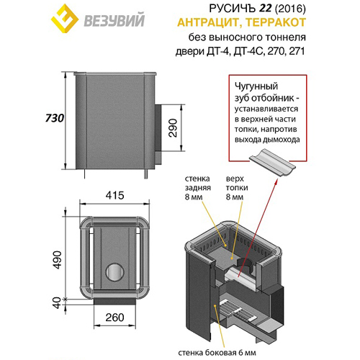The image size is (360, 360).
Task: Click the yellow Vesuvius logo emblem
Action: [x=65, y=19]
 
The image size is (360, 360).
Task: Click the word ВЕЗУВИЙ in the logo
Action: [x=114, y=20]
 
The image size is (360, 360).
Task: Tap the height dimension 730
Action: [x=55, y=118]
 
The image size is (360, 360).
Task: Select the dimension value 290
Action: [x=173, y=127]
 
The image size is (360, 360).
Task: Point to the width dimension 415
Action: [x=114, y=195]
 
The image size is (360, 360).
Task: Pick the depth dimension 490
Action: [x=57, y=260]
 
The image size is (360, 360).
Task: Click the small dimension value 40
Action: [x=57, y=303]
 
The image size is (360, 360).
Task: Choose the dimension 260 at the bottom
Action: [x=114, y=318]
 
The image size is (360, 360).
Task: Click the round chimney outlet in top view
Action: [x=115, y=272]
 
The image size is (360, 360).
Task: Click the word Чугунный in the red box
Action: [x=256, y=86]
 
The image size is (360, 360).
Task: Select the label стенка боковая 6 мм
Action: [x=217, y=353]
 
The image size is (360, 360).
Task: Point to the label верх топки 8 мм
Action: [x=237, y=188]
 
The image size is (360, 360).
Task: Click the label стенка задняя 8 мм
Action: [x=198, y=188]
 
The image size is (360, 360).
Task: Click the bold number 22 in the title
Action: [x=265, y=9]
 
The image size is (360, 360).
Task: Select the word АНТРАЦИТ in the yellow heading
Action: [x=208, y=22]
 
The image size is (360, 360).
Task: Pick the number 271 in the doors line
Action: [x=297, y=51]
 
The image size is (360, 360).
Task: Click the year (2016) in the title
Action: [x=290, y=9]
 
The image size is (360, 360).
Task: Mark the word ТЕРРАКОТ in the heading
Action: [x=276, y=22]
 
